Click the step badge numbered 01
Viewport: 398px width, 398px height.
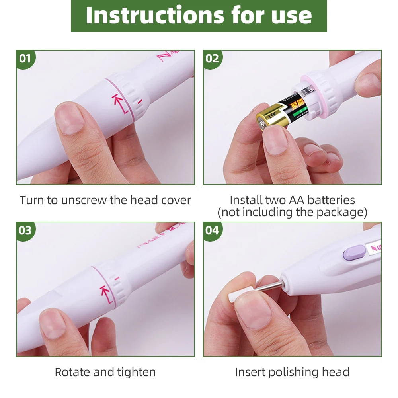25,59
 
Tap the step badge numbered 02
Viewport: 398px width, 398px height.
212,59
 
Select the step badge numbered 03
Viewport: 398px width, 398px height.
25,230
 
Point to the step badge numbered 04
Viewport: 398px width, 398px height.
212,230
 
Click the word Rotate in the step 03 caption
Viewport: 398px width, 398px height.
72,372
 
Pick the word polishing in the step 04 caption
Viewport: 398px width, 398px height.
294,372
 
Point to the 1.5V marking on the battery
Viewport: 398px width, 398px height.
271,115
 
